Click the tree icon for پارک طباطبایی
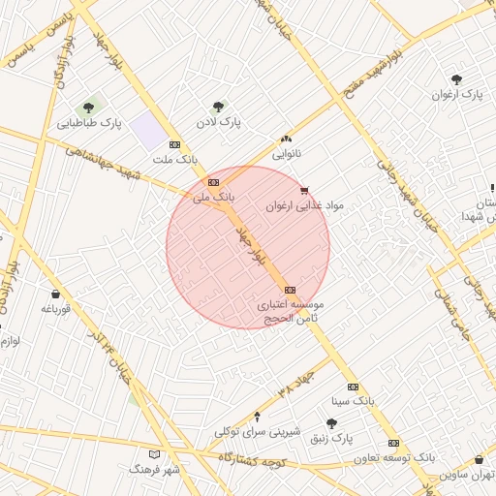pos(89,108)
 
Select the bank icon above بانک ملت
pos(174,143)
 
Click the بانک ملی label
pos(208,197)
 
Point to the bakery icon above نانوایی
pos(286,139)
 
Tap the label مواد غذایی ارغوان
pos(305,206)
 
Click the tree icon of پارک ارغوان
pos(456,79)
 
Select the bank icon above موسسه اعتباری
pos(290,290)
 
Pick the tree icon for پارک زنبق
pos(332,423)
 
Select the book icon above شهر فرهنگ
pos(154,453)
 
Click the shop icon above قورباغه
pos(55,294)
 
